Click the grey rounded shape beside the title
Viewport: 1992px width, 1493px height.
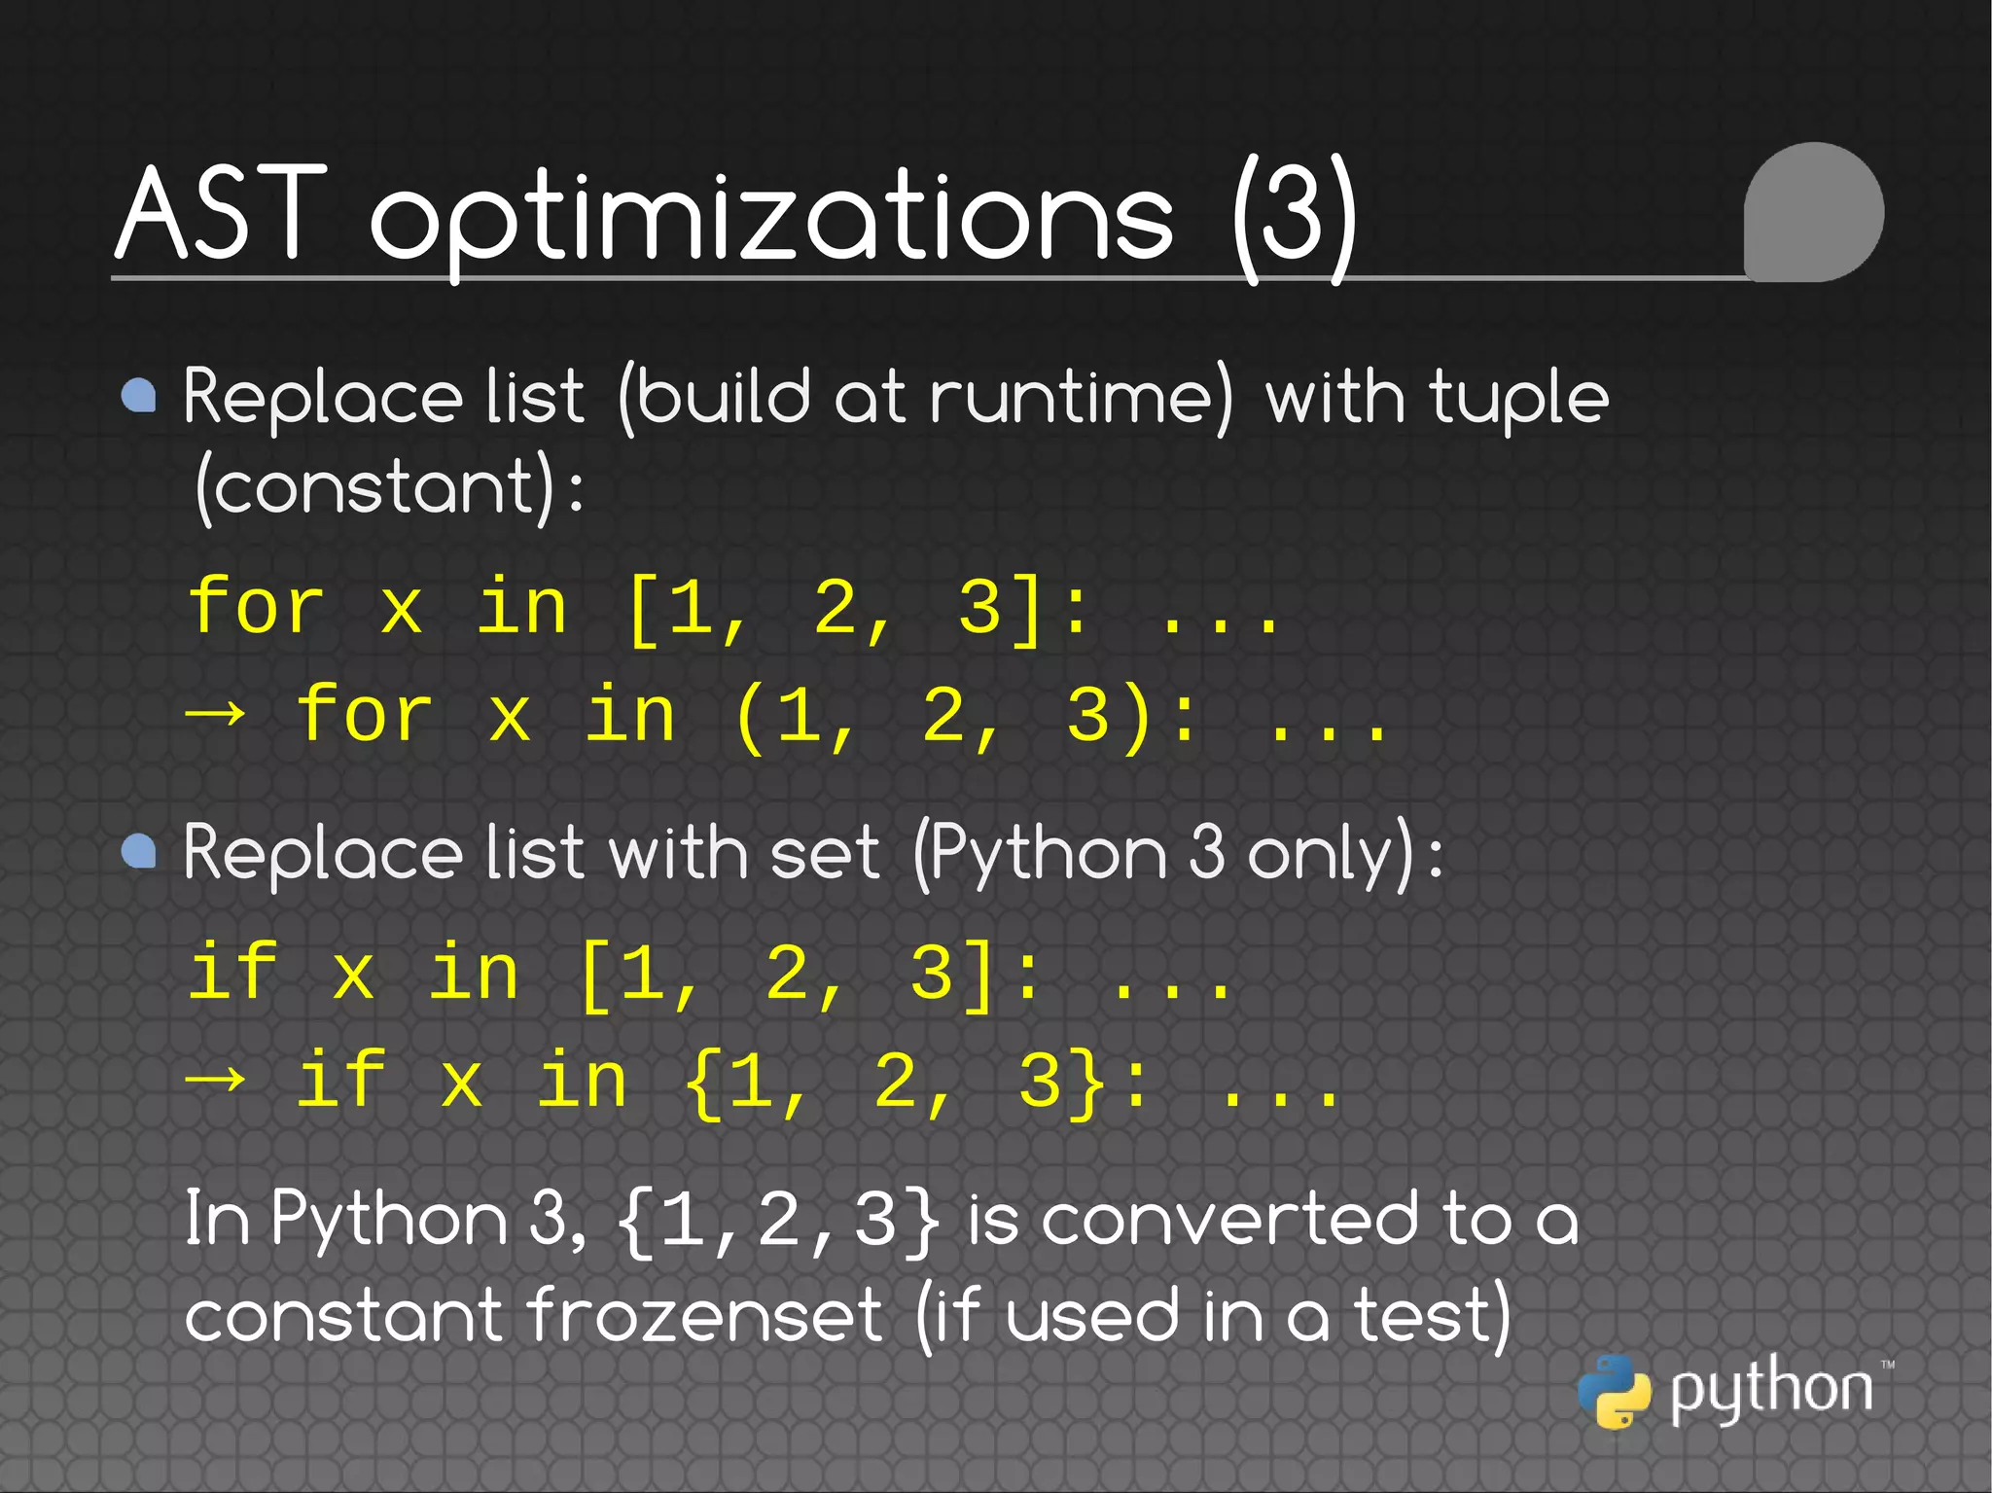[1814, 212]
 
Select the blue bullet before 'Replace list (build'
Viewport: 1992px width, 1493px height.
[139, 396]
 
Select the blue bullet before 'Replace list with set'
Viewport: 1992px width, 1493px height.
[139, 851]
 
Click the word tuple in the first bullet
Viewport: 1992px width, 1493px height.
[1518, 400]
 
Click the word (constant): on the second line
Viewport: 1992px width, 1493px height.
[390, 486]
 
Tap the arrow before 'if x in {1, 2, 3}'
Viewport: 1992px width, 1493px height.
[215, 1080]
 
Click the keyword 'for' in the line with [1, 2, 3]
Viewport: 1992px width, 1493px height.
[256, 606]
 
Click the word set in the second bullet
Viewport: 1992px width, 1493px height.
[824, 853]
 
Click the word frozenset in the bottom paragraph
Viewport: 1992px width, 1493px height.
[706, 1316]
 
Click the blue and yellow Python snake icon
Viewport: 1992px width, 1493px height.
[1614, 1392]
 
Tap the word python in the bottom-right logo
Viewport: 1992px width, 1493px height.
[1771, 1390]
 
